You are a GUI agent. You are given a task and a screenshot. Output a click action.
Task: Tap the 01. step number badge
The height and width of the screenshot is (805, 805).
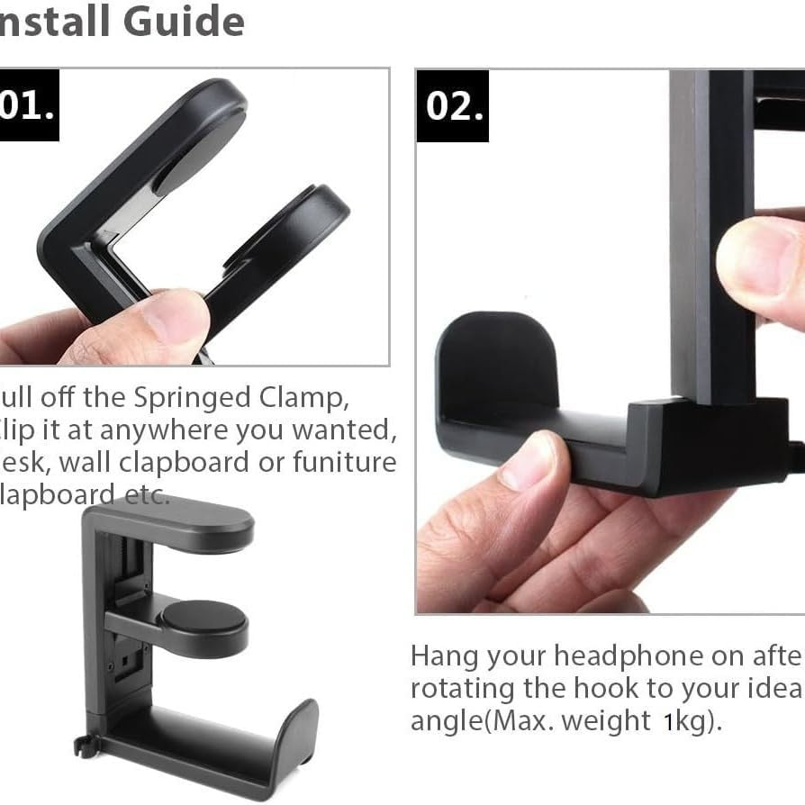[28, 105]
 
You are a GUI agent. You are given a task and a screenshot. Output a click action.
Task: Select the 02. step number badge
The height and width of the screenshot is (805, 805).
[453, 105]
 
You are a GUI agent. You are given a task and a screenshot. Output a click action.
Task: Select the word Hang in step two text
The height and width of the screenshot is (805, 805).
[444, 656]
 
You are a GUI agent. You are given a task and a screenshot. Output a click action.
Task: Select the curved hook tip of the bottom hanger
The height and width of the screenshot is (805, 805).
[299, 738]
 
